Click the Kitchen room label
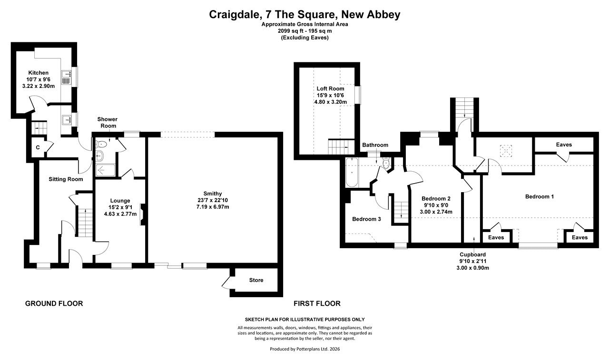tap(39, 73)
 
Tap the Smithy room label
tap(213, 194)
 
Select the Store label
tap(256, 280)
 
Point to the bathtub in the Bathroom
tap(352, 173)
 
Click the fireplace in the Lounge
tap(142, 215)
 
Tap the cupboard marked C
tap(38, 147)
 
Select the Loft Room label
tap(330, 88)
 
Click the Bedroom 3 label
tap(366, 219)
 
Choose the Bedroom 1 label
tap(540, 196)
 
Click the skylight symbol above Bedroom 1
tap(506, 151)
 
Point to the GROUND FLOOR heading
tap(54, 303)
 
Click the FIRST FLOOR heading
tap(317, 303)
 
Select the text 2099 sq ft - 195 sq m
tap(305, 31)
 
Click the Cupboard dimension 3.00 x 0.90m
tap(473, 268)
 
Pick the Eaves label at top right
tap(564, 145)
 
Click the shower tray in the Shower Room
tap(106, 170)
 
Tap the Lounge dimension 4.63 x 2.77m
tap(120, 214)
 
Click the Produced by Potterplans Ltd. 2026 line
tap(305, 349)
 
